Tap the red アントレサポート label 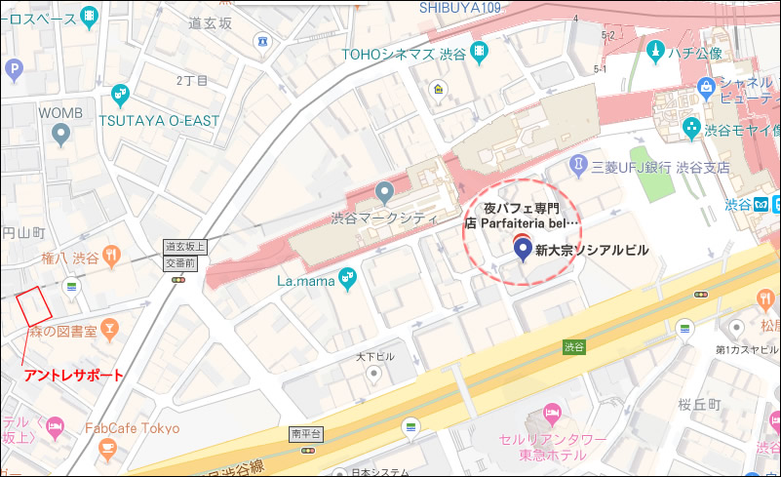(x=73, y=376)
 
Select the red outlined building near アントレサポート (x=33, y=307)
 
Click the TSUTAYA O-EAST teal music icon (x=120, y=95)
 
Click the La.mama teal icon (x=346, y=281)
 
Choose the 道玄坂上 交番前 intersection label (x=179, y=256)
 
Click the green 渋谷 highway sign (x=574, y=346)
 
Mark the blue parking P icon (x=14, y=69)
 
